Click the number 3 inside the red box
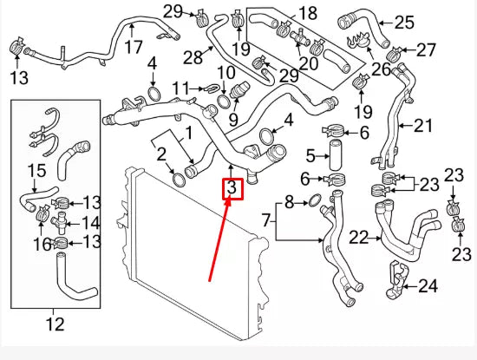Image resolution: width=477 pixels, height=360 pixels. [232, 188]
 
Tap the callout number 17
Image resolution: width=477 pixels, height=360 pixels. [132, 48]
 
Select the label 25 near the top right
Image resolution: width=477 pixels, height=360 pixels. [404, 23]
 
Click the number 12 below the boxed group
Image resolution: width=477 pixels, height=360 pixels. [54, 325]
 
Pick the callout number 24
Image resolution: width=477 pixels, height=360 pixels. [428, 285]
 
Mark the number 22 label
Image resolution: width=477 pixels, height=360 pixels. [358, 236]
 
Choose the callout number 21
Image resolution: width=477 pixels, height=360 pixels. [421, 126]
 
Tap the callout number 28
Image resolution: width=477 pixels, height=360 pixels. [192, 57]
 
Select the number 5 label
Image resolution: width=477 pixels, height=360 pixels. [310, 156]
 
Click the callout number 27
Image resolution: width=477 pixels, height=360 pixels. [427, 49]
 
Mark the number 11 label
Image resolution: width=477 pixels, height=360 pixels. [180, 88]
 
